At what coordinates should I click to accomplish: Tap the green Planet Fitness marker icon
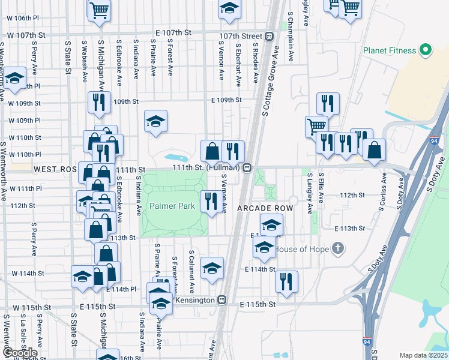click(x=426, y=50)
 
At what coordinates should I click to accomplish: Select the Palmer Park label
click(x=172, y=206)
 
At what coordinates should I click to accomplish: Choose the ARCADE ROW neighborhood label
click(x=265, y=208)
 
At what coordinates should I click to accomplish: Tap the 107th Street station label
click(x=241, y=36)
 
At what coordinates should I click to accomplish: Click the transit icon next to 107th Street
click(x=270, y=36)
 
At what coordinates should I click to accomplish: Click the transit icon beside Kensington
click(x=221, y=299)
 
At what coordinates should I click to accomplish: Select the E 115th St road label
click(x=257, y=304)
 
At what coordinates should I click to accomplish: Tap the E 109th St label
click(x=225, y=100)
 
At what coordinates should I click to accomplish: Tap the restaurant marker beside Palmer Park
click(x=209, y=202)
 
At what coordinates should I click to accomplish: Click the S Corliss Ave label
click(x=382, y=191)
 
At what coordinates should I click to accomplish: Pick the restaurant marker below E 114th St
click(x=286, y=282)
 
